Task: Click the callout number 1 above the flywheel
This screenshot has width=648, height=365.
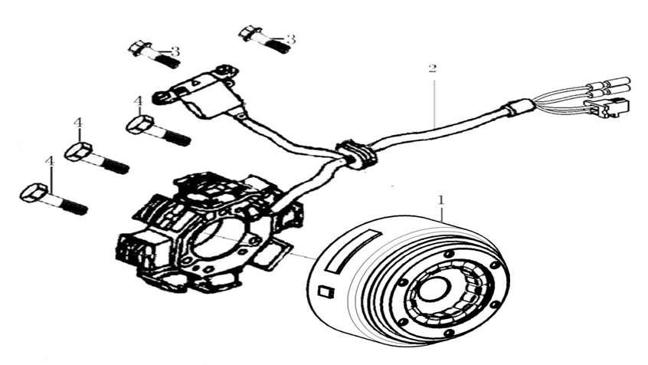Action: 440,199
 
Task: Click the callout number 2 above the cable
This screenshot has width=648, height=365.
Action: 433,68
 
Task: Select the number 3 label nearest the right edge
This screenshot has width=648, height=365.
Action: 290,38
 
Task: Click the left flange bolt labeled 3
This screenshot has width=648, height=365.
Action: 149,55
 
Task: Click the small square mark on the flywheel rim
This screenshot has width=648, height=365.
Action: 325,291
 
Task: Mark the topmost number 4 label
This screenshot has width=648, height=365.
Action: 138,101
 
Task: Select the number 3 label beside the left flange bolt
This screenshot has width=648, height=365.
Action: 175,51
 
